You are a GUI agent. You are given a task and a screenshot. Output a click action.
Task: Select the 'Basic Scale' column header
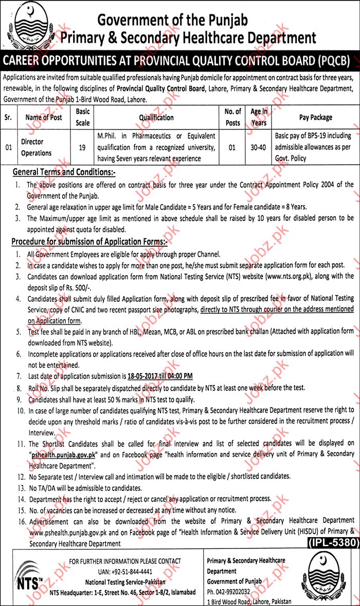click(x=82, y=117)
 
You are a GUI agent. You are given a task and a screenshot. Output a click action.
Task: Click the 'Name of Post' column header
click(x=43, y=118)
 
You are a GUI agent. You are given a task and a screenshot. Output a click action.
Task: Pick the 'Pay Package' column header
click(x=315, y=118)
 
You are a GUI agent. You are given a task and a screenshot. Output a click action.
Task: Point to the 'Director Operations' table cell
click(x=36, y=147)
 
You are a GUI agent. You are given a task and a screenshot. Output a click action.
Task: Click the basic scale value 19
click(x=82, y=148)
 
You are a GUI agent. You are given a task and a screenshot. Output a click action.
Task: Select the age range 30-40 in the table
click(x=259, y=148)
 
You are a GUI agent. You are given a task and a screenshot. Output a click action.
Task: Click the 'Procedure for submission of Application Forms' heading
click(x=89, y=241)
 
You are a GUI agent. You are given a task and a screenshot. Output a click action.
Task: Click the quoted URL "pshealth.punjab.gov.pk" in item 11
click(x=69, y=454)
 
